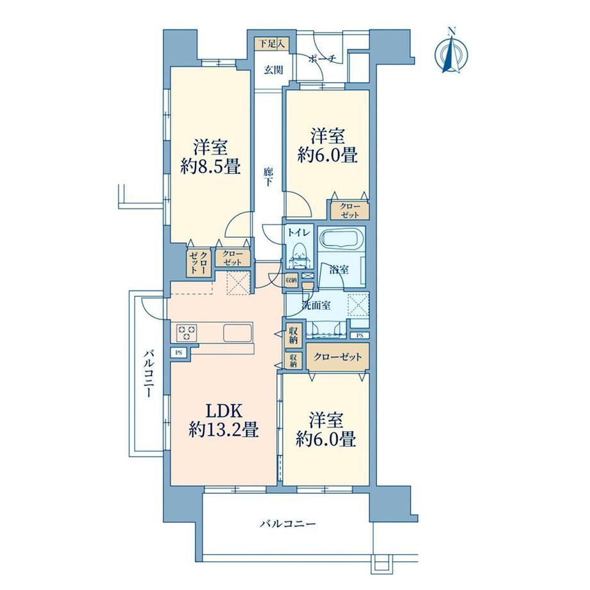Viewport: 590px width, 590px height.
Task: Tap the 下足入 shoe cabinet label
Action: coord(272,44)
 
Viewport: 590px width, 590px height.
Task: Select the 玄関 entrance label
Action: coord(273,70)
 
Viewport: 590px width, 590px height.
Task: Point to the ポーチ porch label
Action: coord(322,58)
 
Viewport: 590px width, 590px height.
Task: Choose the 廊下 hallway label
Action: coord(268,177)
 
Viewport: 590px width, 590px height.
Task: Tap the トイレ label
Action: coord(299,232)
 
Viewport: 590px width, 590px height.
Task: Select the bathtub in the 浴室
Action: coord(341,239)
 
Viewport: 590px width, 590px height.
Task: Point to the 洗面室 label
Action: coord(316,305)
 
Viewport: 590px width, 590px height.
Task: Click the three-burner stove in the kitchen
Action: coord(187,332)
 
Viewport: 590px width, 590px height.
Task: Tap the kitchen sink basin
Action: coord(237,333)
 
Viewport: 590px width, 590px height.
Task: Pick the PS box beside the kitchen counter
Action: coord(179,353)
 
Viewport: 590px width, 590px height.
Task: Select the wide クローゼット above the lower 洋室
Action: coord(337,357)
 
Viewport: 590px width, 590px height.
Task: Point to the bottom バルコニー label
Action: coord(288,523)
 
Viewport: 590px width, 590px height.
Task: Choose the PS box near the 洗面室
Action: coord(360,335)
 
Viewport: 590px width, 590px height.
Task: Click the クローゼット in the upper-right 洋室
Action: coord(350,210)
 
